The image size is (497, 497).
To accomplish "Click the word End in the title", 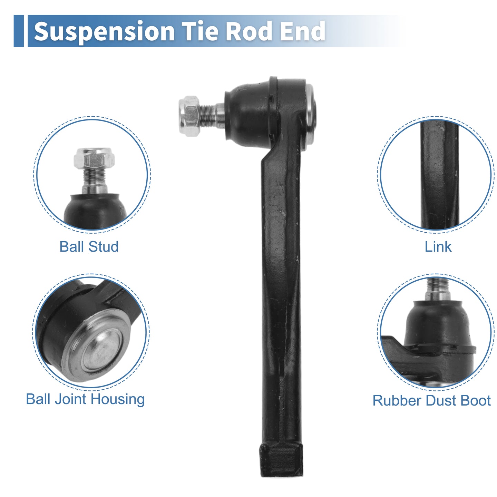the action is tap(302, 31).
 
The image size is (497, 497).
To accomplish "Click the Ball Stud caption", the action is tap(89, 246).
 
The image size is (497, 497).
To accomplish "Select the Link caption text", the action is tap(438, 246).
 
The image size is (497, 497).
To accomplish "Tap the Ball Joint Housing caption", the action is tap(85, 400).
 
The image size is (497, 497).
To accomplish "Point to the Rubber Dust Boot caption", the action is tap(431, 401).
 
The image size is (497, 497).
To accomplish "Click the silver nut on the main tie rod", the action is tap(189, 116).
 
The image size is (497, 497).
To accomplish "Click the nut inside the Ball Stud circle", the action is tap(94, 158).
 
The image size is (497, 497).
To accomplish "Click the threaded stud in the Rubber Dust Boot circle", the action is tap(438, 289).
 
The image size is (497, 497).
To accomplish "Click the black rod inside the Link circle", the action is tap(439, 175).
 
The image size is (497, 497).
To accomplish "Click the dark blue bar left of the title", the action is tap(19, 31).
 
